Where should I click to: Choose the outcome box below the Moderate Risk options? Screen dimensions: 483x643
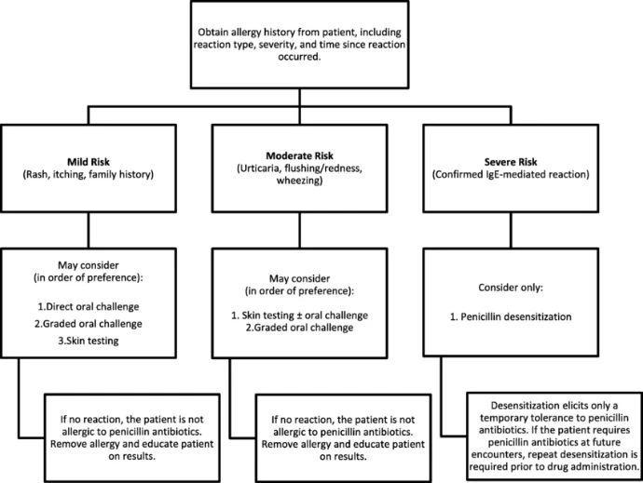click(x=355, y=435)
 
